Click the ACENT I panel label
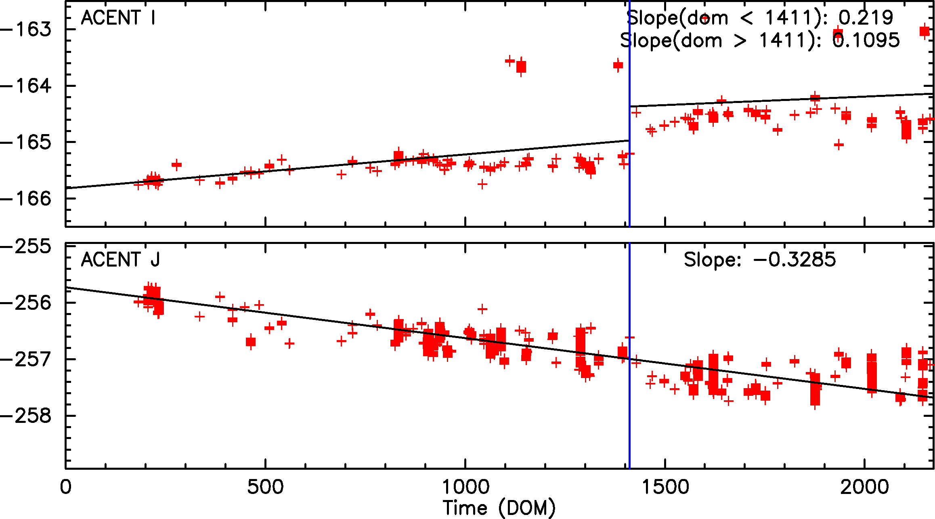click(118, 18)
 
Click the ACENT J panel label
click(120, 260)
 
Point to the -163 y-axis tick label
click(26, 29)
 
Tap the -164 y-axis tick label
click(26, 86)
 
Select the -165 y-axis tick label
click(26, 143)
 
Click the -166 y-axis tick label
click(26, 199)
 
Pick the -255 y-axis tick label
click(26, 247)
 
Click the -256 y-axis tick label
click(26, 303)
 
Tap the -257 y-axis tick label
click(26, 359)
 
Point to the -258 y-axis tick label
click(26, 416)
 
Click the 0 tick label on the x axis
click(65, 487)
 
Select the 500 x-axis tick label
click(265, 487)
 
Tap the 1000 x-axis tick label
click(465, 487)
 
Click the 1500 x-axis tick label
click(665, 487)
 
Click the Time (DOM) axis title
click(499, 508)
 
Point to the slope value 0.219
click(866, 18)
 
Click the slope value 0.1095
click(866, 40)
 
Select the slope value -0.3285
click(795, 260)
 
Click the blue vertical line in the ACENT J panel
click(629, 424)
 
